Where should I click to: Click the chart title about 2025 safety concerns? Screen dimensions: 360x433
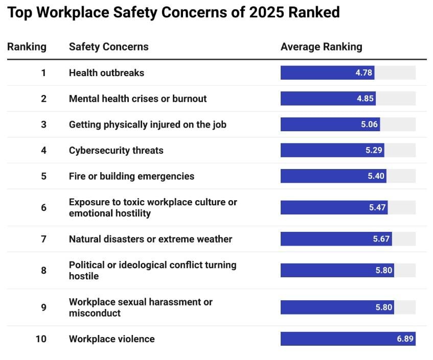173,13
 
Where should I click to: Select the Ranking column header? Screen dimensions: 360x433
27,47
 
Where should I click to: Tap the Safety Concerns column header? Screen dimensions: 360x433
108,47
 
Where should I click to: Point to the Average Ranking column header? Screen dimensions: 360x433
321,47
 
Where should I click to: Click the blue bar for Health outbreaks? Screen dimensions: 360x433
327,73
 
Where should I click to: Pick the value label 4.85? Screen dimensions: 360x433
365,99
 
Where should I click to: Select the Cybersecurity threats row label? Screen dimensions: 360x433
116,150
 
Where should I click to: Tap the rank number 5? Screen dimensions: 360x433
43,176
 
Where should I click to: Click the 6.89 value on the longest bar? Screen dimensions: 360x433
405,339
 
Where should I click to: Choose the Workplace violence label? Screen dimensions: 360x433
111,339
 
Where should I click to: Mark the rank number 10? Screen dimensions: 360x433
41,339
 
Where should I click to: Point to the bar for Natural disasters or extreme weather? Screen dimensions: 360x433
336,239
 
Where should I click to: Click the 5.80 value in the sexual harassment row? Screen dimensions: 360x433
383,307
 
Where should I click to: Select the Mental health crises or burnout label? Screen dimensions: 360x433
138,99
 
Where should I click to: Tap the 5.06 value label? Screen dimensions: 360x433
369,125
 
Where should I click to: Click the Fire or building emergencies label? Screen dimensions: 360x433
131,176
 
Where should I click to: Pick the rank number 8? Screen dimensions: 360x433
43,271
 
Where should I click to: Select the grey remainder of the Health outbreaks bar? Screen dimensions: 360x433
395,73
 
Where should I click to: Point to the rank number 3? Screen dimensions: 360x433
43,125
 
